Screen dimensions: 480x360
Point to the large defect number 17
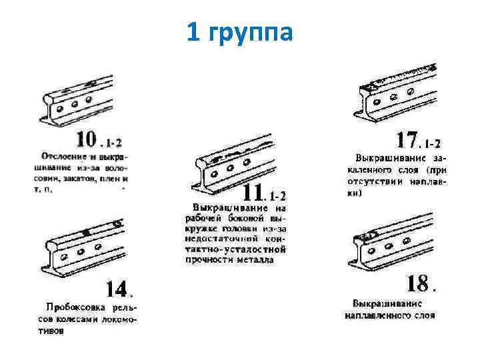407,140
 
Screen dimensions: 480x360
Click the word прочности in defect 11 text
207,260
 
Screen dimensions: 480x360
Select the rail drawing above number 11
233,163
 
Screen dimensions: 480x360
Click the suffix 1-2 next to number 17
433,143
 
